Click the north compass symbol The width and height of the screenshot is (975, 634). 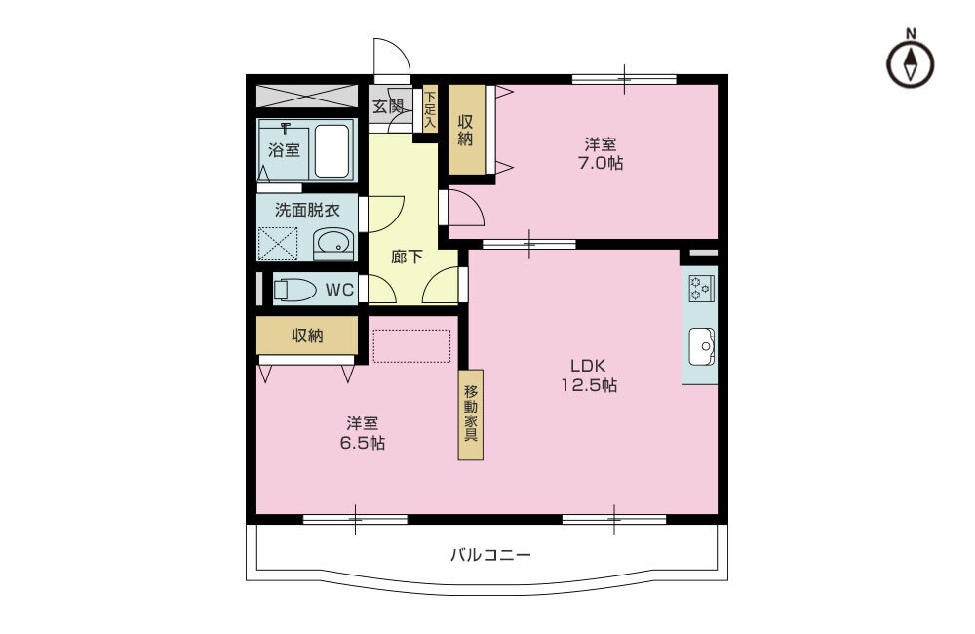point(911,64)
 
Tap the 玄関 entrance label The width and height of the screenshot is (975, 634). point(388,106)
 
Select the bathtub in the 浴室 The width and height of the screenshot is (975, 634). point(332,151)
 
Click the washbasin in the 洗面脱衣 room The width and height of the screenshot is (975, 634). point(333,244)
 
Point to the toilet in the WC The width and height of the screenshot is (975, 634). point(294,290)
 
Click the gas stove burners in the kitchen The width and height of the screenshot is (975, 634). point(701,289)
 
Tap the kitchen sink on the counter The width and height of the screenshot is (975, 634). point(701,346)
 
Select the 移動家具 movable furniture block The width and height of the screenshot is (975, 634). point(471,415)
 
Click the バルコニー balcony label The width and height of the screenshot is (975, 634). point(490,554)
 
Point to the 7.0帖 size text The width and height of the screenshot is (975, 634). point(600,163)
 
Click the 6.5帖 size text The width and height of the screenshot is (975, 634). point(362,443)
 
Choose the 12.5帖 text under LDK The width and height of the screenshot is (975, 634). point(589,385)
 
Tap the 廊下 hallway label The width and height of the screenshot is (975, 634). point(408,257)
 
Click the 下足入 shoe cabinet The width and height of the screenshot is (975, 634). point(430,108)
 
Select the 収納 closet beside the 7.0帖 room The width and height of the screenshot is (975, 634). point(466,130)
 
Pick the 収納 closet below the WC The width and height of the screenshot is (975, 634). point(307,336)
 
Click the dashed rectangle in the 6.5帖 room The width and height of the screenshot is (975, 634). point(411,346)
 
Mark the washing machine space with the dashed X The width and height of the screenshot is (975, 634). point(278,243)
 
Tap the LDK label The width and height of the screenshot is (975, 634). point(588,365)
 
